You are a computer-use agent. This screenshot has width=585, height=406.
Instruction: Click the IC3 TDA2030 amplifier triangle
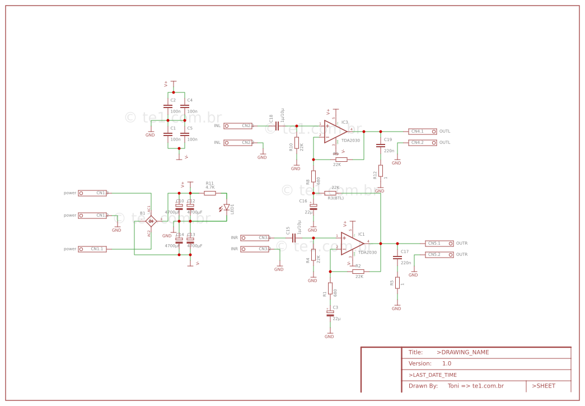pos(335,132)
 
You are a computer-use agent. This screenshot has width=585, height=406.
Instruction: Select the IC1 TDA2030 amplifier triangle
pos(352,244)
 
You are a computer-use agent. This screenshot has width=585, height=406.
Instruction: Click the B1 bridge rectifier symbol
pos(151,221)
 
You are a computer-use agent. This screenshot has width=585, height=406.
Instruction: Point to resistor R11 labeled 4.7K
pos(210,193)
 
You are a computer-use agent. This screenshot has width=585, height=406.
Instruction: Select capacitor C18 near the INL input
pos(277,126)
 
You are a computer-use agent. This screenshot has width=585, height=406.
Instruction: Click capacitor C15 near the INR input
pos(294,237)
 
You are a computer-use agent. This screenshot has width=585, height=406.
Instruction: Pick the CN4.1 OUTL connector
pos(422,132)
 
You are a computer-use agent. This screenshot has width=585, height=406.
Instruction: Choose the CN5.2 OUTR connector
pos(439,255)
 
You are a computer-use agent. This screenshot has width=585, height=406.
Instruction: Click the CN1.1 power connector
pos(92,249)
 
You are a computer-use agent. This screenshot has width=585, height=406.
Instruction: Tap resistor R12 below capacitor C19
pos(381,171)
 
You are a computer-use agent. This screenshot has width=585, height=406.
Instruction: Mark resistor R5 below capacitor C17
pos(397,283)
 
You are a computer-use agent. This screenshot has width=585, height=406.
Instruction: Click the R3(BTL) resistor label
pos(335,198)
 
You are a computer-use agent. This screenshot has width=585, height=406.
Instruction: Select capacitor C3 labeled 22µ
pos(330,314)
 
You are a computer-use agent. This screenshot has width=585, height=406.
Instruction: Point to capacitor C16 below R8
pos(313,207)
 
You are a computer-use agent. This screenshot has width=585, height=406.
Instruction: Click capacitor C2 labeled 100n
pos(168,106)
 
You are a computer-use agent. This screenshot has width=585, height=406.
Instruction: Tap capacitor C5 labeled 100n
pos(185,134)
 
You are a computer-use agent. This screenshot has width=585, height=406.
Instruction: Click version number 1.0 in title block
pos(446,363)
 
